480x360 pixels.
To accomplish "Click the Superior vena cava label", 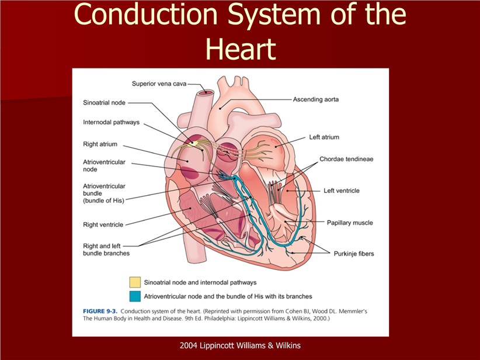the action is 159,84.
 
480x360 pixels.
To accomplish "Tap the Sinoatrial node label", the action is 104,103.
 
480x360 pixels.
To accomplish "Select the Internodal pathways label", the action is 111,122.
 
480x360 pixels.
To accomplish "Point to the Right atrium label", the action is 100,144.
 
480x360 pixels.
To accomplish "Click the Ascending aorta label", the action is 315,99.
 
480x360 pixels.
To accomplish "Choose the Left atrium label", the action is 324,137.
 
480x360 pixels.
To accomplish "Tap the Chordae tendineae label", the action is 346,159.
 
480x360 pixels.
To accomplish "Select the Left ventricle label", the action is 342,191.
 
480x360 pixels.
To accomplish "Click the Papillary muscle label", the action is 350,223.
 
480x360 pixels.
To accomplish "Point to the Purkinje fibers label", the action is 353,254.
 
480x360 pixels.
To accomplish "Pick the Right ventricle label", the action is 103,224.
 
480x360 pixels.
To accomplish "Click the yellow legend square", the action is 135,282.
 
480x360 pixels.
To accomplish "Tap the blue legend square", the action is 135,296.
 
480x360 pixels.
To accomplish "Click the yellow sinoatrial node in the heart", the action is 194,143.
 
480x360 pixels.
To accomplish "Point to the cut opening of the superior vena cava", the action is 206,92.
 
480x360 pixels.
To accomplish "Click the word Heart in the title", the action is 241,49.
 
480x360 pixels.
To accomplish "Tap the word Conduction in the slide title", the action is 145,14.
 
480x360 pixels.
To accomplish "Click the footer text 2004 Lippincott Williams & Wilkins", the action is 240,345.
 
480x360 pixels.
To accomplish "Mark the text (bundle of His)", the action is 103,200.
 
